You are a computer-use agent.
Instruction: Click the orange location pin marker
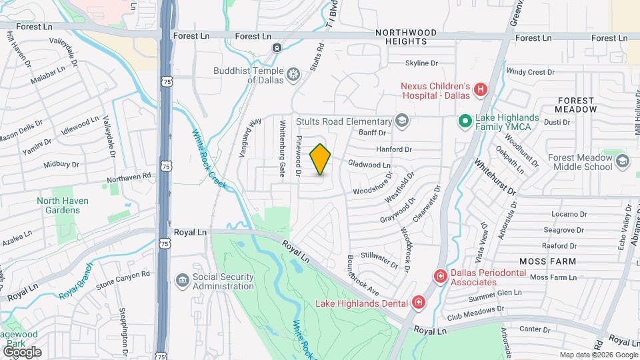[x=321, y=159]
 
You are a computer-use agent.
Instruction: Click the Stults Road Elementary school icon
[x=401, y=121]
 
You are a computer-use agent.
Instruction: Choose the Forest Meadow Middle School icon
[x=622, y=161]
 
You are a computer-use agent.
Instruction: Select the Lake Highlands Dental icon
[x=418, y=303]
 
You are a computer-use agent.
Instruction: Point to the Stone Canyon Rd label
[x=123, y=275]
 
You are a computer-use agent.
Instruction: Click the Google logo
[x=22, y=351]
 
